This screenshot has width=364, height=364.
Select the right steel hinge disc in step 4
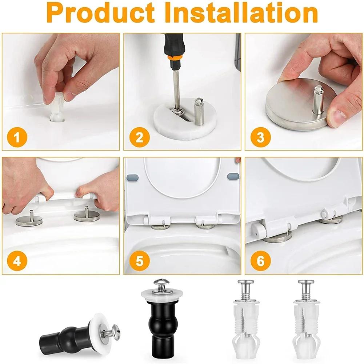click(87, 216)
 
